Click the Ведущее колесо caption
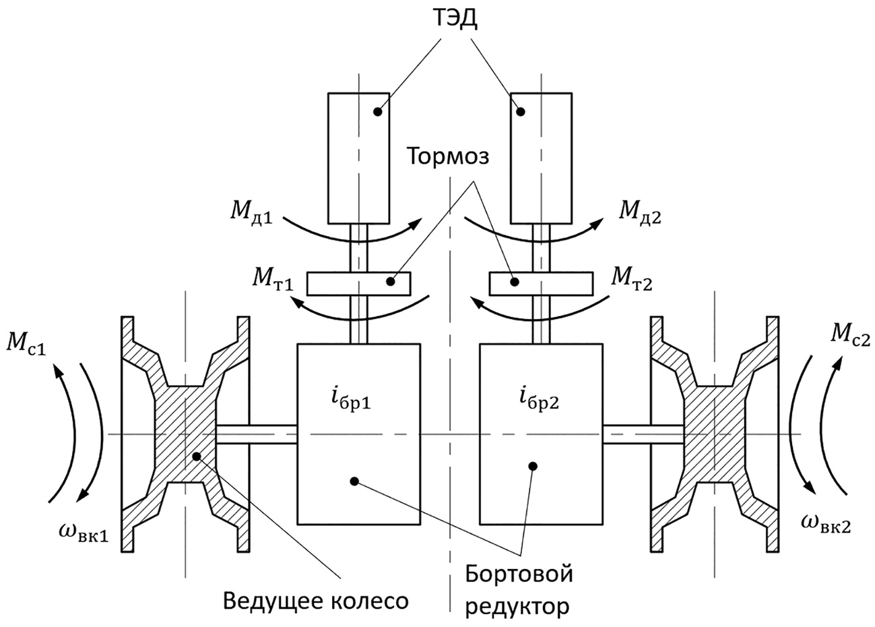pyautogui.click(x=316, y=600)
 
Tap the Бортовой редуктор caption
pyautogui.click(x=519, y=591)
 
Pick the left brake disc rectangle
pyautogui.click(x=359, y=283)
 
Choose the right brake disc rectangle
pyautogui.click(x=542, y=283)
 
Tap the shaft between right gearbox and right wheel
pyautogui.click(x=643, y=435)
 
